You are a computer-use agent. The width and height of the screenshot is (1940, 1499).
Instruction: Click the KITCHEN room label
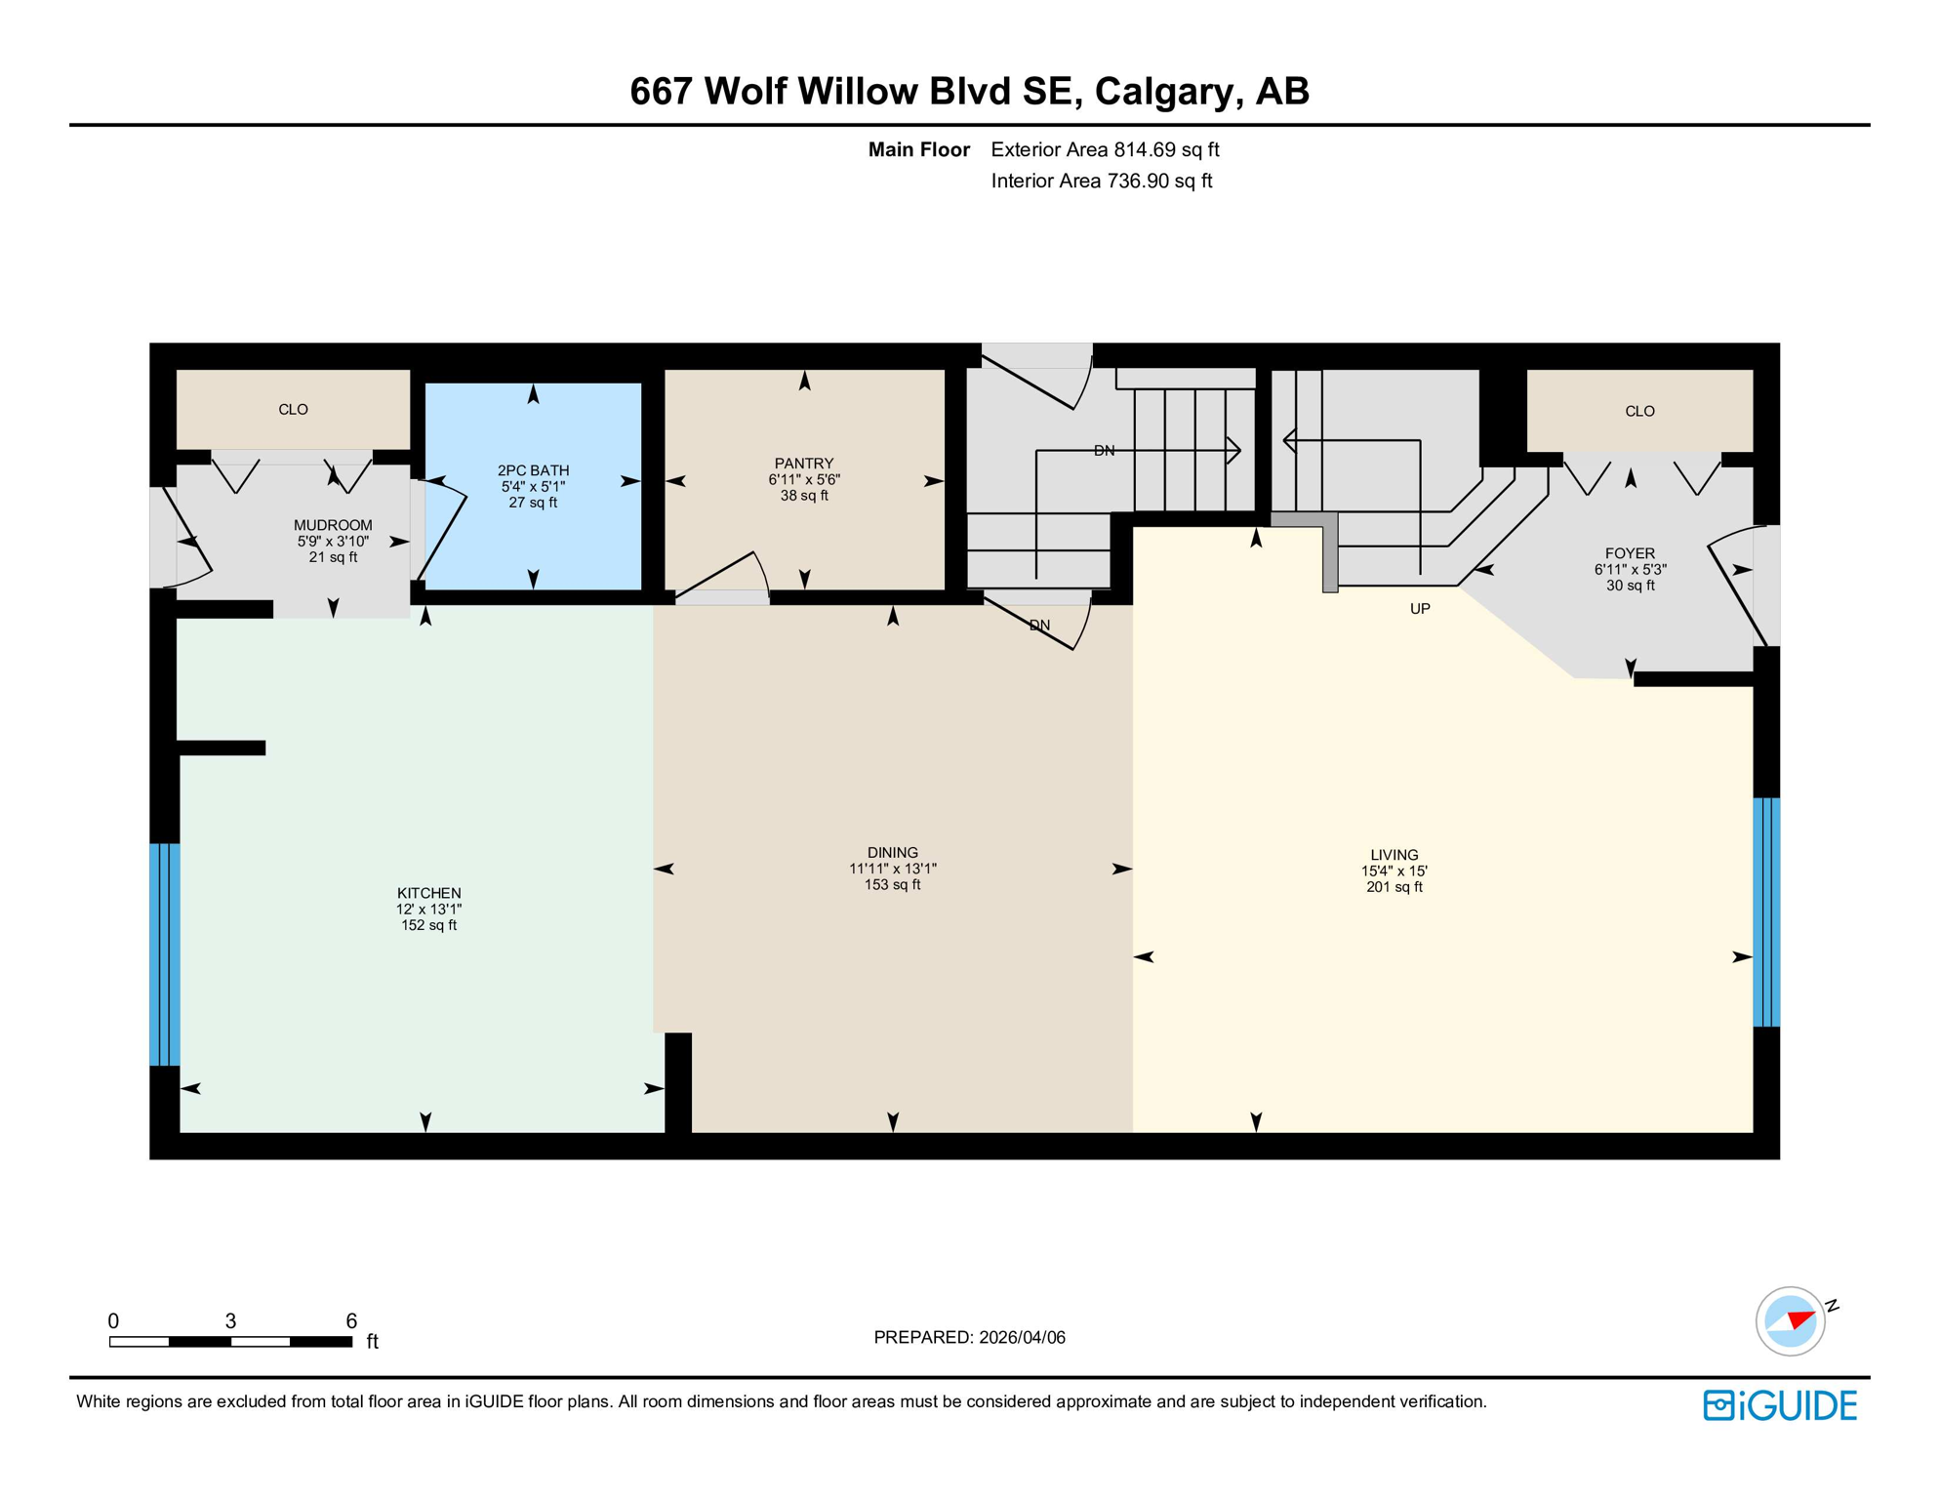(x=428, y=892)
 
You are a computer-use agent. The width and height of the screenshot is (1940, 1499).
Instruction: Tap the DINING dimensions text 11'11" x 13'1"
(x=892, y=869)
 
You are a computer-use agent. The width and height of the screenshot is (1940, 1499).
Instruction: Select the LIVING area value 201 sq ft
(x=1394, y=887)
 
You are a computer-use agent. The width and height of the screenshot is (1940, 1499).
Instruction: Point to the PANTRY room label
(x=803, y=464)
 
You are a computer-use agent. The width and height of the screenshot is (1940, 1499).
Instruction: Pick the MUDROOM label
(x=333, y=525)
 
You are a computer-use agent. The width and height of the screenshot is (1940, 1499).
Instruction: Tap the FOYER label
(x=1630, y=553)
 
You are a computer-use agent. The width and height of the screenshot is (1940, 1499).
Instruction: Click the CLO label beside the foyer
(x=1639, y=411)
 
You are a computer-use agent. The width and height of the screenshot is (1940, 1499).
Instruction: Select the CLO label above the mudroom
(x=293, y=409)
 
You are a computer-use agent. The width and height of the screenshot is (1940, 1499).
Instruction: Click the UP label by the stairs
(x=1420, y=609)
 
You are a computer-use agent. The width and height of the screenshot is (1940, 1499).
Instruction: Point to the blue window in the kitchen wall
(x=164, y=953)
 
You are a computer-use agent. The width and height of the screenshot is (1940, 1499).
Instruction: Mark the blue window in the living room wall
(x=1766, y=912)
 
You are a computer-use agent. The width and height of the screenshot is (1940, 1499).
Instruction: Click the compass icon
(x=1790, y=1321)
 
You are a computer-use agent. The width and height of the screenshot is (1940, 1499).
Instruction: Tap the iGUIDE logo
(x=1780, y=1405)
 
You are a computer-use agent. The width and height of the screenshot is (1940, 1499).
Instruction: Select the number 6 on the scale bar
(x=351, y=1320)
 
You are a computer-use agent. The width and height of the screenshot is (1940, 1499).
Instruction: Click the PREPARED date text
(x=969, y=1337)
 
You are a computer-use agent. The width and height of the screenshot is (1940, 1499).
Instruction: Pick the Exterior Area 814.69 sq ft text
(x=1105, y=149)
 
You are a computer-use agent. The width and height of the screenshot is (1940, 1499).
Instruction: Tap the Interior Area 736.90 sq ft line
(x=1101, y=181)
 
